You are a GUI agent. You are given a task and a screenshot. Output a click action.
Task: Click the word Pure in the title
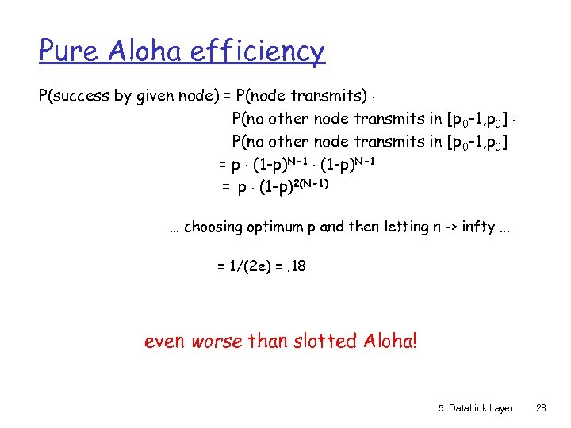tap(68, 52)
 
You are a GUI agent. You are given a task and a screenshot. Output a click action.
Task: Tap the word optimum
tap(271, 227)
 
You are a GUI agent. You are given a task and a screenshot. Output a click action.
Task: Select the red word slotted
tap(316, 342)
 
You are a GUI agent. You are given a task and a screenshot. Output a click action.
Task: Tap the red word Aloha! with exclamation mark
tap(389, 342)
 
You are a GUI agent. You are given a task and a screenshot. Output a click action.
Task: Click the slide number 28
tap(542, 408)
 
